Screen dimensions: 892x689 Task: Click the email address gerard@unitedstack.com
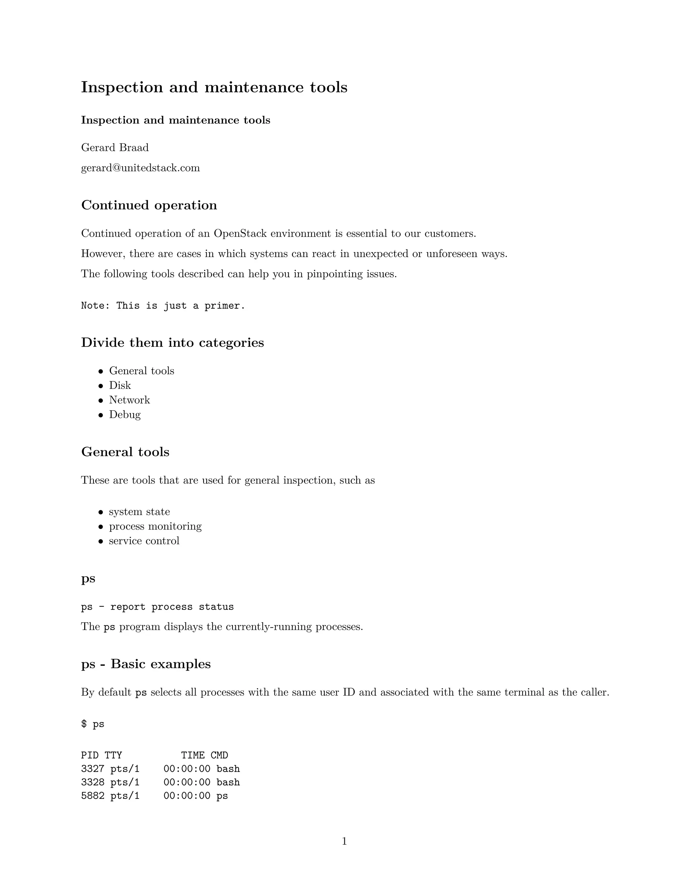tap(140, 168)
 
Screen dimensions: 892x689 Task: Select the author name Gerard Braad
tap(115, 147)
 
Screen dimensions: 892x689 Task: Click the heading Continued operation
tap(149, 205)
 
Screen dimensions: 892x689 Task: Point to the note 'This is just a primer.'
tap(163, 306)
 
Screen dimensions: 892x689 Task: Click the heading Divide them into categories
tap(172, 342)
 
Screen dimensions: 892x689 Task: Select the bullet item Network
tap(130, 400)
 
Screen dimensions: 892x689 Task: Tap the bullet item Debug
tap(124, 415)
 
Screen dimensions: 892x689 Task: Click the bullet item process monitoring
tap(155, 526)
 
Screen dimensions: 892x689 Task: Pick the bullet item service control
tap(144, 541)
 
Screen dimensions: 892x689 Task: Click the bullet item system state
tap(139, 512)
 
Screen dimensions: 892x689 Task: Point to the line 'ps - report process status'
tap(157, 607)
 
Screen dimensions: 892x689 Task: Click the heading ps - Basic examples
tap(146, 664)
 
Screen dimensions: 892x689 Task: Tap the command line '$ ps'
tap(93, 724)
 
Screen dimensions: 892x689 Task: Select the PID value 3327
tap(93, 769)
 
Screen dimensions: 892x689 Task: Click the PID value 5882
tap(93, 796)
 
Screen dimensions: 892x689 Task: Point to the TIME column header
tap(193, 756)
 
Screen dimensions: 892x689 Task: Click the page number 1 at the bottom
tap(344, 842)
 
